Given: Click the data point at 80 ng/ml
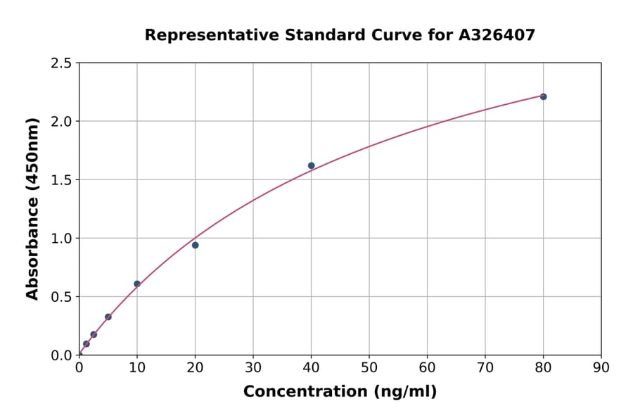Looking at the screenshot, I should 543,96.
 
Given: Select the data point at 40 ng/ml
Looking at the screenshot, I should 311,165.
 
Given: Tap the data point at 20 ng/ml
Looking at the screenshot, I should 195,245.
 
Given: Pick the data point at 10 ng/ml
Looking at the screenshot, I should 137,284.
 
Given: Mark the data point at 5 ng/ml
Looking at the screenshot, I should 108,317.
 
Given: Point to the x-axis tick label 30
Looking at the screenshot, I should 253,367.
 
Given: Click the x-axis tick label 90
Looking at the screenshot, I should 601,367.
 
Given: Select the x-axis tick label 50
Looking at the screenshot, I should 369,367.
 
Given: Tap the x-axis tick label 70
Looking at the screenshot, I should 485,367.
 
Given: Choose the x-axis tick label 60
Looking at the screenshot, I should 427,367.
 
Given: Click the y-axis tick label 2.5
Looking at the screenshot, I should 61,63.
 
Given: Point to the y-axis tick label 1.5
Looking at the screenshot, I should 61,180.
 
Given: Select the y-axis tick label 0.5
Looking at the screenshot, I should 61,297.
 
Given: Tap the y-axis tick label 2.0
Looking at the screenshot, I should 61,122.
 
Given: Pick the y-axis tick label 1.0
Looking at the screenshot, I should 61,239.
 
